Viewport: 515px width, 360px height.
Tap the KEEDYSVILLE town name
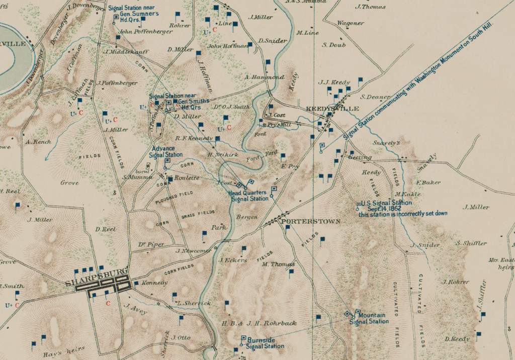click(332, 109)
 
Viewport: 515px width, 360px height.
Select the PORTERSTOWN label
click(311, 221)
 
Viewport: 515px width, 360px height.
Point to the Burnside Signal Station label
click(265, 343)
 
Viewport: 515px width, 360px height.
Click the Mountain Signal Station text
click(369, 318)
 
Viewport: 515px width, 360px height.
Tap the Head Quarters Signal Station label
click(249, 196)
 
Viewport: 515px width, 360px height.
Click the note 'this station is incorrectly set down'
click(403, 214)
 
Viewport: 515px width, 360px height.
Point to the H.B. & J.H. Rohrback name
click(260, 323)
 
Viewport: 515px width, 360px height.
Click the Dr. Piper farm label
click(151, 244)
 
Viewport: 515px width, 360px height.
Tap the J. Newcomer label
click(194, 251)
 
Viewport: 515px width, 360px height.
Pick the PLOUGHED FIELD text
click(174, 196)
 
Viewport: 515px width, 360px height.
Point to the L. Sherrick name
click(194, 303)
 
